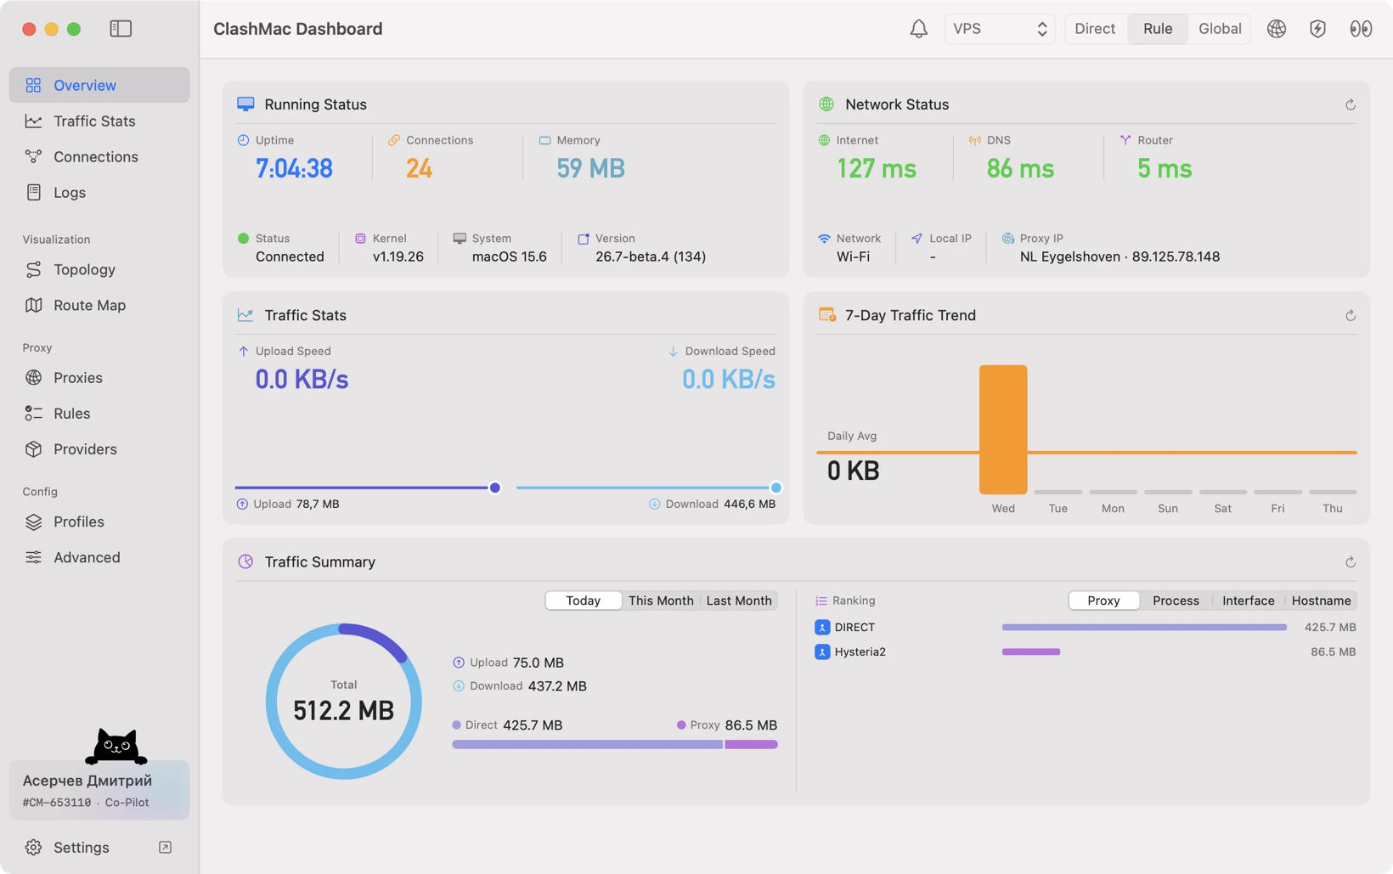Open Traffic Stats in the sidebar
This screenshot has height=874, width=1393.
94,121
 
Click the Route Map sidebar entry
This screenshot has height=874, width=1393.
89,305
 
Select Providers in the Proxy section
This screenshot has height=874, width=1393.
85,449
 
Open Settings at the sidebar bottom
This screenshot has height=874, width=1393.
81,848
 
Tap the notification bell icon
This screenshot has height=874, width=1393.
918,29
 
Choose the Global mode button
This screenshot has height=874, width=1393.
1220,29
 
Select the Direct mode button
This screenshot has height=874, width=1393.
1095,29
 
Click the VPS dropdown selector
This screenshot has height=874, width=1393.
1000,29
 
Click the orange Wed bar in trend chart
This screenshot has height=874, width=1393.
1003,430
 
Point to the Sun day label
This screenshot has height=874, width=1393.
1167,508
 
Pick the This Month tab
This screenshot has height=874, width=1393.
661,601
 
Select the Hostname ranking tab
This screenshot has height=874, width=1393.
1321,601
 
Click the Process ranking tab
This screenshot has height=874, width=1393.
1176,601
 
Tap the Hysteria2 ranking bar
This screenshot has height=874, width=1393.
1031,652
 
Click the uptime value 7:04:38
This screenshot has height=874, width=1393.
294,168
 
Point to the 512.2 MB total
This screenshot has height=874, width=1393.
343,710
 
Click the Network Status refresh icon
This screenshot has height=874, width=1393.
1350,104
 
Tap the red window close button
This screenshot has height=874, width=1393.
29,29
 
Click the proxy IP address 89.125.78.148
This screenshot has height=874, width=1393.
1176,257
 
